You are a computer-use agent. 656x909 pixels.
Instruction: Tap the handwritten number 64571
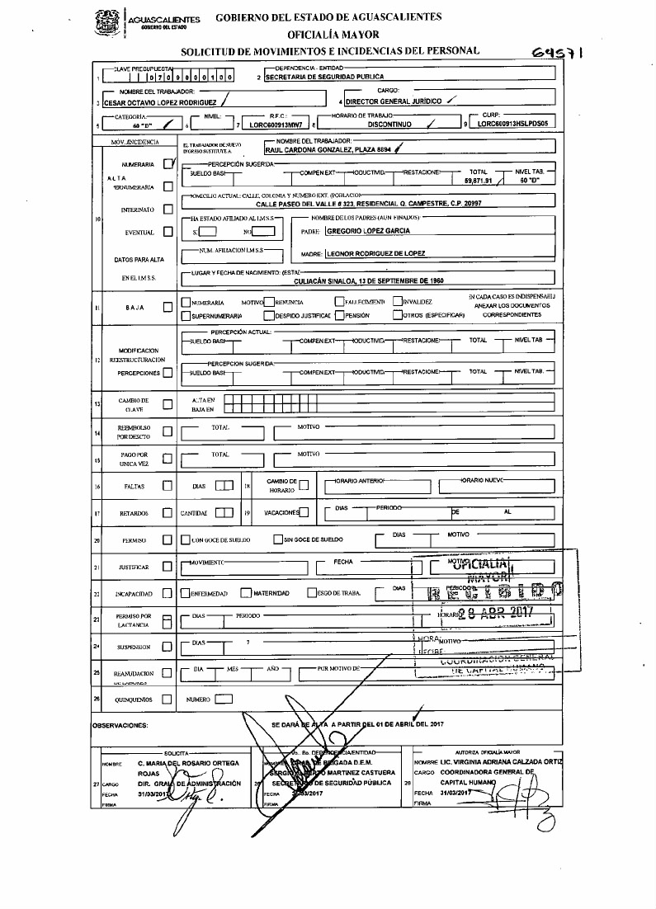(x=559, y=53)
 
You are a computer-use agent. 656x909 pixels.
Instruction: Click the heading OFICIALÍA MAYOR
(x=333, y=35)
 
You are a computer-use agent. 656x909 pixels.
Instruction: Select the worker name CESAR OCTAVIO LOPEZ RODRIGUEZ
(x=155, y=103)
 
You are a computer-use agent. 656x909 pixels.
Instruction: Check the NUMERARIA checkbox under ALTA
(x=168, y=164)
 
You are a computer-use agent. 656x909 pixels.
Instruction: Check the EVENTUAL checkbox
(x=168, y=232)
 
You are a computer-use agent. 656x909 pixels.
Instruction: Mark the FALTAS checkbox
(x=168, y=486)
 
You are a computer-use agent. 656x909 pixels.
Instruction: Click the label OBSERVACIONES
(x=120, y=727)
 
